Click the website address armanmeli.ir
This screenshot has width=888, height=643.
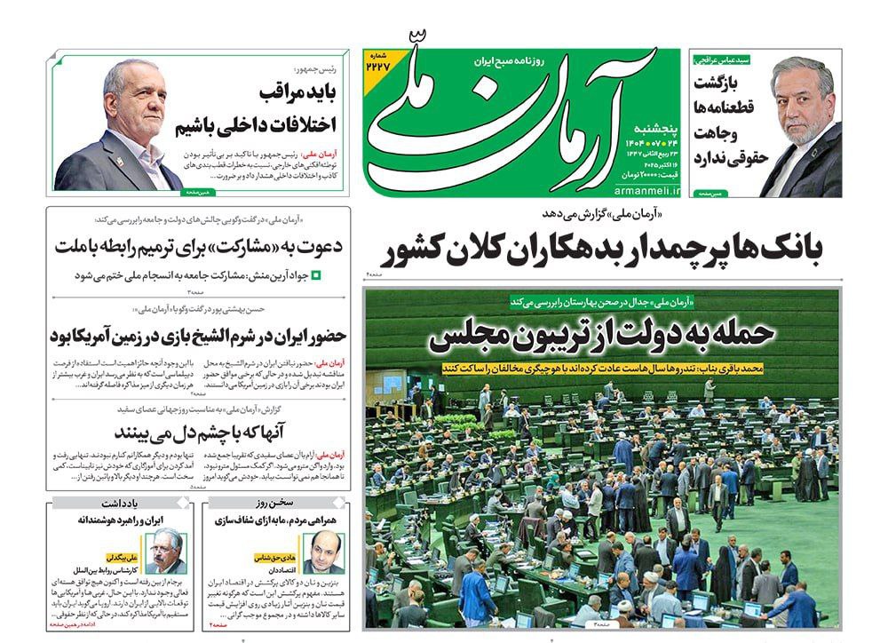[646, 188]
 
